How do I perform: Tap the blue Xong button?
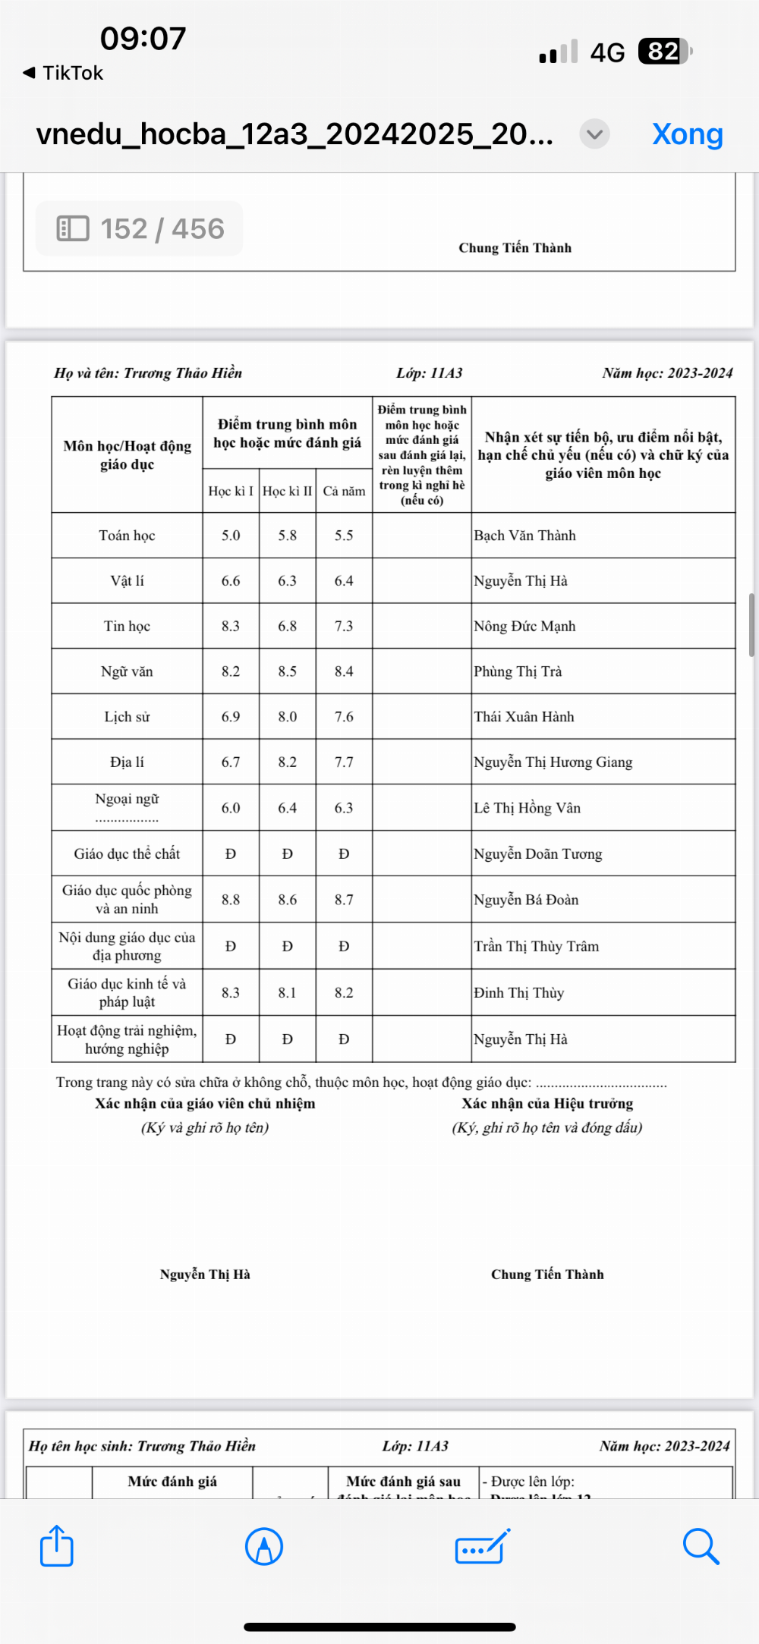pyautogui.click(x=687, y=134)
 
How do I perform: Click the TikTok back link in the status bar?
pyautogui.click(x=64, y=73)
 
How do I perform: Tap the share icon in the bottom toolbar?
pyautogui.click(x=57, y=1545)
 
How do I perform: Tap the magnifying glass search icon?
pyautogui.click(x=700, y=1545)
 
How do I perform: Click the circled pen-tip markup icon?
pyautogui.click(x=264, y=1545)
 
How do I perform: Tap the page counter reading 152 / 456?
pyautogui.click(x=140, y=228)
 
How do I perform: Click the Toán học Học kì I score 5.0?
pyautogui.click(x=231, y=536)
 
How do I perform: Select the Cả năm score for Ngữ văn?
pyautogui.click(x=344, y=671)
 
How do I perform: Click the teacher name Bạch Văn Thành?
pyautogui.click(x=525, y=536)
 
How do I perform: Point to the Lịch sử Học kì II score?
pyautogui.click(x=287, y=717)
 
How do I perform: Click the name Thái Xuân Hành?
pyautogui.click(x=524, y=717)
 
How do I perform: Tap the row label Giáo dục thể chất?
pyautogui.click(x=127, y=853)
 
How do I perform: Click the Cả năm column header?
pyautogui.click(x=344, y=491)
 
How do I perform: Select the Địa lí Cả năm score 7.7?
pyautogui.click(x=344, y=762)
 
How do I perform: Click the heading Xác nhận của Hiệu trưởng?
pyautogui.click(x=547, y=1104)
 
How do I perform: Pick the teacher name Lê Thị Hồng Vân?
pyautogui.click(x=528, y=808)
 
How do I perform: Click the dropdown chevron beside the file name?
pyautogui.click(x=594, y=134)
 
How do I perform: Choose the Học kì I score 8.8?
pyautogui.click(x=231, y=900)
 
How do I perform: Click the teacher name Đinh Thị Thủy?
pyautogui.click(x=519, y=993)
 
